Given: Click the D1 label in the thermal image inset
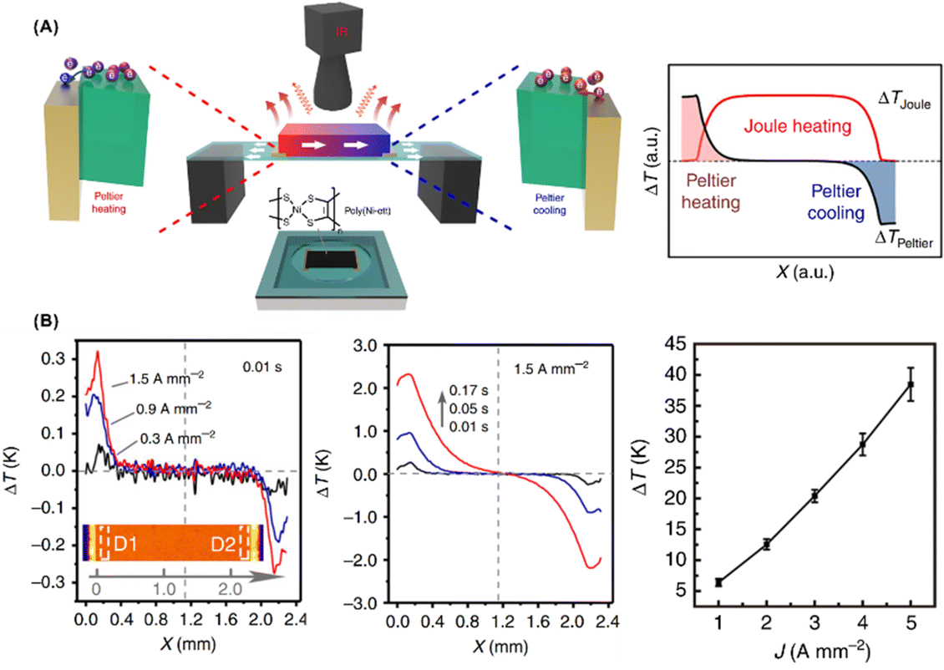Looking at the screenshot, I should (120, 545).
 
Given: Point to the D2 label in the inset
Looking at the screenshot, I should (221, 545).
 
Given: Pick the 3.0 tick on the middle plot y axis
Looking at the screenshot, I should (366, 344).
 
